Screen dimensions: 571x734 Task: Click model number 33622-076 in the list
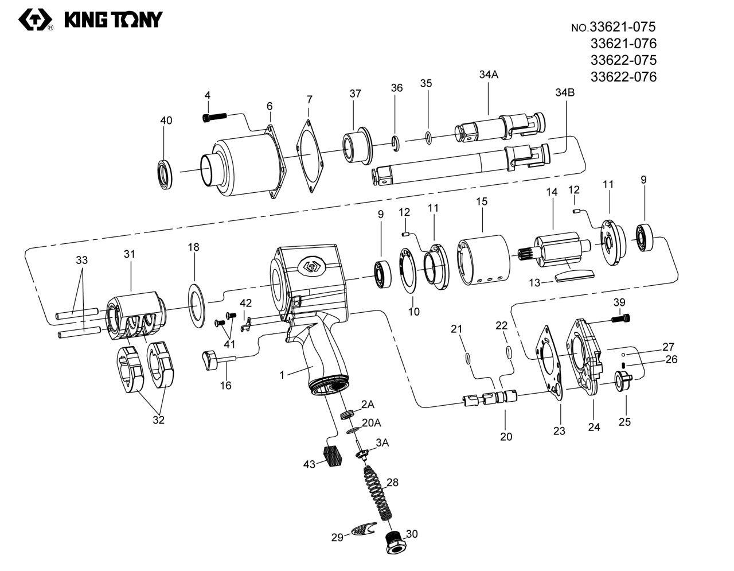coord(623,77)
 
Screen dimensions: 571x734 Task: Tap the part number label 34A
coord(489,74)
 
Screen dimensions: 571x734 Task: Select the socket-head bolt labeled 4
coord(214,117)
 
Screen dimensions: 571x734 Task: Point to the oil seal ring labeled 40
coord(166,174)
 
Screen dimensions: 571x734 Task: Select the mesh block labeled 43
coord(332,456)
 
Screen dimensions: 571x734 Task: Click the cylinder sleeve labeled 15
coord(483,261)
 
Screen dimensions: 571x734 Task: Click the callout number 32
coord(158,419)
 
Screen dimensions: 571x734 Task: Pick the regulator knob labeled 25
coord(622,381)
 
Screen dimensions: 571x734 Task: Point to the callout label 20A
coord(372,423)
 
